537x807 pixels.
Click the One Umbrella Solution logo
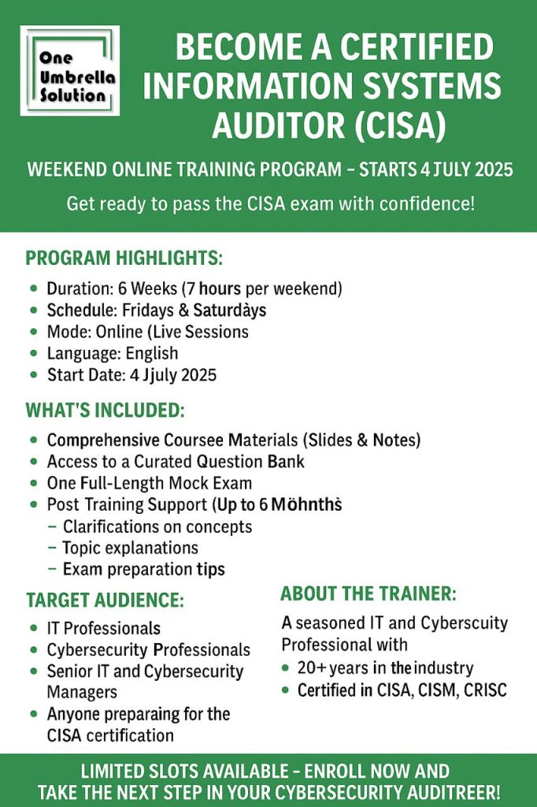[70, 70]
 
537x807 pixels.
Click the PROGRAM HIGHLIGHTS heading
[124, 258]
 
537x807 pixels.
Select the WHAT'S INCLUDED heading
[106, 411]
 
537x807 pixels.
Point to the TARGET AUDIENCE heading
[105, 601]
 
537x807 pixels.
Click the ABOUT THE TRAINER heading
[368, 594]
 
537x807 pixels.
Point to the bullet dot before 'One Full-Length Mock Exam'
[32, 483]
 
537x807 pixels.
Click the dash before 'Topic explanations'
[52, 548]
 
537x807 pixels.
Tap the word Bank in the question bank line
[283, 461]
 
